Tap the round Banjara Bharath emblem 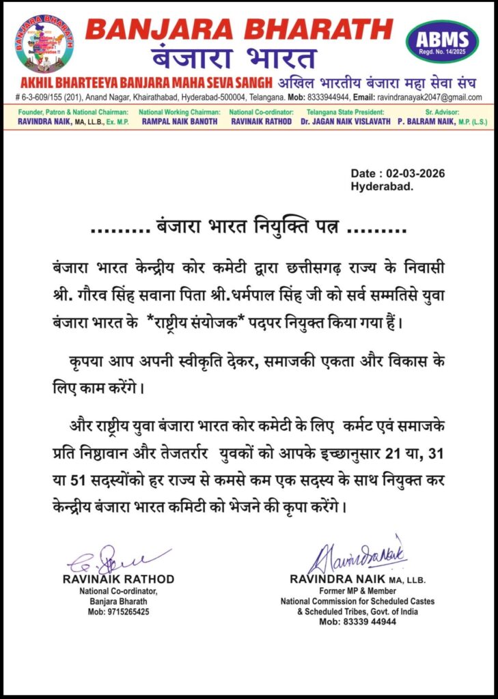(x=44, y=43)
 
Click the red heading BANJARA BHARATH (x=239, y=29)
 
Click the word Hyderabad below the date (x=382, y=186)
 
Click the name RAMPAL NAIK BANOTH (x=179, y=121)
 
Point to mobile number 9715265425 (x=119, y=612)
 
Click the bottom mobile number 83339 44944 (x=357, y=622)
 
